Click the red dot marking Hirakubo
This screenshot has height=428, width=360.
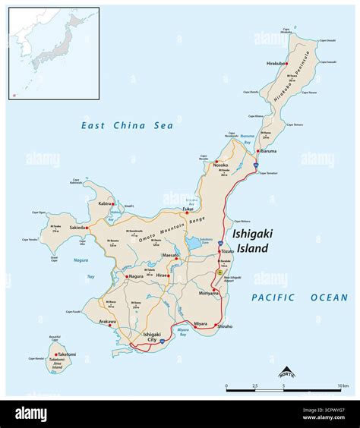click(x=286, y=63)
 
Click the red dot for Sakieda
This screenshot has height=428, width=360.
click(x=88, y=227)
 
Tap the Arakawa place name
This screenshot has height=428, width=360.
click(x=106, y=321)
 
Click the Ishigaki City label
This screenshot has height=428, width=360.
click(x=153, y=338)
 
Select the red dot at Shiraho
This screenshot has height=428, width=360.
click(x=218, y=326)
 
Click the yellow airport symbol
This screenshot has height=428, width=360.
click(x=220, y=272)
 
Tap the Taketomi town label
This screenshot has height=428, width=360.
click(x=67, y=354)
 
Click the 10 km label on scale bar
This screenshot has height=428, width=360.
click(x=343, y=386)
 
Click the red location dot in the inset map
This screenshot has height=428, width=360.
click(x=13, y=95)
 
